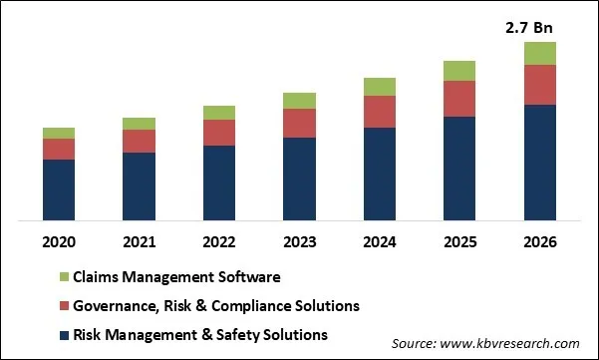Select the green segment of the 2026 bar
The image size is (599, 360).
539,53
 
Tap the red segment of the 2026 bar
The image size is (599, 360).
539,85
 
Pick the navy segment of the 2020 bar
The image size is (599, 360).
59,189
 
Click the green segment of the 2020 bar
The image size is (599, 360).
59,133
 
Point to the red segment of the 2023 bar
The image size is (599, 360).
299,123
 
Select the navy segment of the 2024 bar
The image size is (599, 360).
379,174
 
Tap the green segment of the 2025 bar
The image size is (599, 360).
459,70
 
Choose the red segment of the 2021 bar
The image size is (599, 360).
139,141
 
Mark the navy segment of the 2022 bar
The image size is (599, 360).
219,182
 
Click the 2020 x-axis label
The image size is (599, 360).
59,242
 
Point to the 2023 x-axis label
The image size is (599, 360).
299,242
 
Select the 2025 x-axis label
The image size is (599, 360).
459,242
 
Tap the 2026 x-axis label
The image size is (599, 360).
539,242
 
